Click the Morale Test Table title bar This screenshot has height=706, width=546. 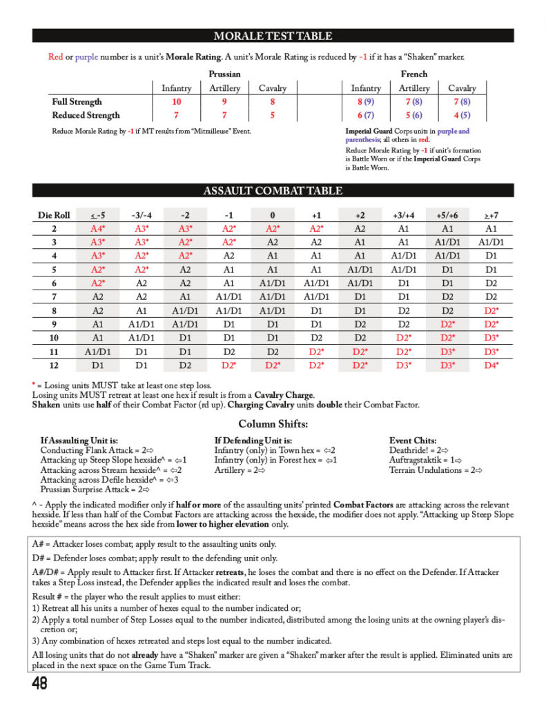273,36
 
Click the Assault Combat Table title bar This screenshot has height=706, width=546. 273,191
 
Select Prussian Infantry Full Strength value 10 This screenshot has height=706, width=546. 177,101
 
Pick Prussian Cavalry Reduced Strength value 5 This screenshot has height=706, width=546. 272,115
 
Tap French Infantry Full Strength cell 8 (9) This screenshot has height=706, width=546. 365,101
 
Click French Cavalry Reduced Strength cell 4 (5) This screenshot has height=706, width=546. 462,115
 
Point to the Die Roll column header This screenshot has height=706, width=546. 55,215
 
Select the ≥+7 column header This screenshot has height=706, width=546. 491,215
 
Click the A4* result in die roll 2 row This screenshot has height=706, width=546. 98,229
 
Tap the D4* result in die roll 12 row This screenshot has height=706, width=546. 491,365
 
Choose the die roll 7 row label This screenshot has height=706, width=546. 55,296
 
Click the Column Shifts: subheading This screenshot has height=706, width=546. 273,423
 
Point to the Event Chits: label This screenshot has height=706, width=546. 412,440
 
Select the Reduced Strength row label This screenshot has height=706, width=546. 86,115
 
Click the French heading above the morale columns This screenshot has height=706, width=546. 413,74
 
